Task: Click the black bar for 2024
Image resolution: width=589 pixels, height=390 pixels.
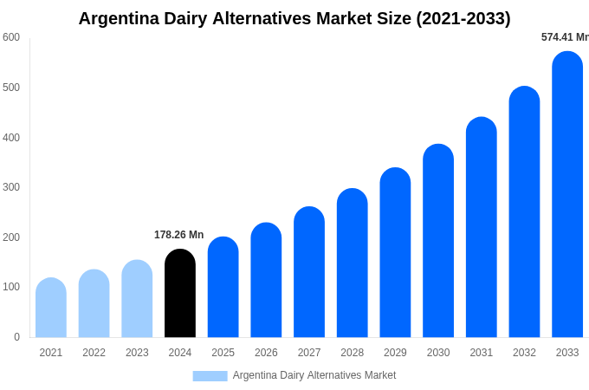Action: point(180,294)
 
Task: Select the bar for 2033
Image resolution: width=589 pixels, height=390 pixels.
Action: point(567,195)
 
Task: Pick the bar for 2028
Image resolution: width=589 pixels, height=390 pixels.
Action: point(353,263)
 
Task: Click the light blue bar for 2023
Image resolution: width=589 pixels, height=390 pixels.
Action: point(137,299)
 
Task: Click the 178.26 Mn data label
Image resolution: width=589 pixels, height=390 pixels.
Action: point(178,235)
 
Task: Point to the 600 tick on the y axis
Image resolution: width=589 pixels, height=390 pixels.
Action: point(11,37)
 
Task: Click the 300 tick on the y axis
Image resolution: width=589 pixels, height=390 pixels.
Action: point(11,187)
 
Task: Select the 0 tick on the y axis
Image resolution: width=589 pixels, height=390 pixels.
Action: point(16,337)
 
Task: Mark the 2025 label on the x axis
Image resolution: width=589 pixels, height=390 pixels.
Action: point(223,353)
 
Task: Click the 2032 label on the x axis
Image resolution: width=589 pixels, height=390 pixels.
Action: point(524,353)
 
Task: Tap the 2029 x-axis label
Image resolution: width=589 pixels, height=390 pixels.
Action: point(395,353)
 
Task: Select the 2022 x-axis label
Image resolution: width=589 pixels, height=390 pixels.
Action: point(94,353)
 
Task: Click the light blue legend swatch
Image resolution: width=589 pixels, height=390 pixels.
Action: point(210,376)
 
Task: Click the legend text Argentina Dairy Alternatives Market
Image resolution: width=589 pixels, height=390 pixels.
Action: point(314,375)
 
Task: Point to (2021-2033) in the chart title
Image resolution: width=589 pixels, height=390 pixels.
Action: point(463,18)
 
